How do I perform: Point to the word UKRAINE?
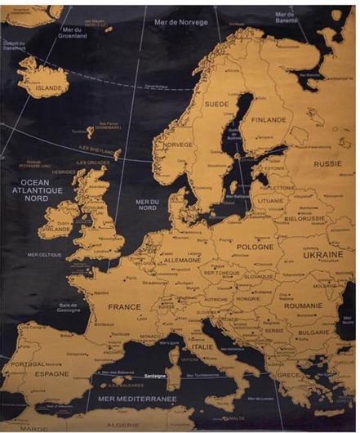pos(323,254)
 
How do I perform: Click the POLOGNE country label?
pos(255,246)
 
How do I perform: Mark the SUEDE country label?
pos(216,105)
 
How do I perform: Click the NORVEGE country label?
pos(178,145)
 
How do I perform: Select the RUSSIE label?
pos(328,163)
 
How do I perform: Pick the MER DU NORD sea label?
pos(148,205)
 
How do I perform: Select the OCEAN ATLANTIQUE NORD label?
pos(41,190)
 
